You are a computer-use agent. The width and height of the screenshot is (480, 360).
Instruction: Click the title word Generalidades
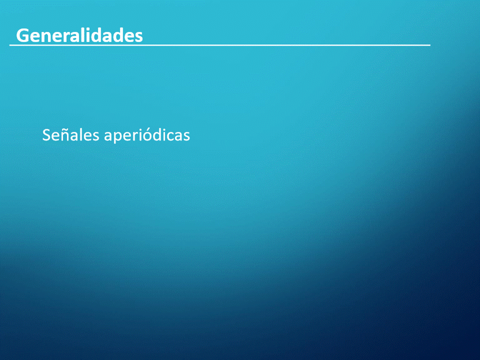[79, 35]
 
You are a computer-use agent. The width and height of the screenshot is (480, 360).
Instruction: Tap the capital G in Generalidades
[22, 35]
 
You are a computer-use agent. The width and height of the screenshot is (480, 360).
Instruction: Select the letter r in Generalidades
[67, 37]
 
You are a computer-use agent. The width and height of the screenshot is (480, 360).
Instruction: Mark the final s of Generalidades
[138, 37]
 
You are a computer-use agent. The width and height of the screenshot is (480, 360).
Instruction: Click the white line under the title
[220, 45]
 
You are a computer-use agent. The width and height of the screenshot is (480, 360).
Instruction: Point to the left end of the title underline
[10, 45]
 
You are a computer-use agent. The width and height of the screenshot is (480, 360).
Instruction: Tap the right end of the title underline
[430, 45]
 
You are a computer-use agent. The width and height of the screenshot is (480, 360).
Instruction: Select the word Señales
[70, 134]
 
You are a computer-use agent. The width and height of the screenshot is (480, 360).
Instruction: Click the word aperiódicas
[147, 135]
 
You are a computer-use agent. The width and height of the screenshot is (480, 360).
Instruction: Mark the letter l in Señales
[81, 134]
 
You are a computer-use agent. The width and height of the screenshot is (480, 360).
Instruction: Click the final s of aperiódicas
[186, 136]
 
